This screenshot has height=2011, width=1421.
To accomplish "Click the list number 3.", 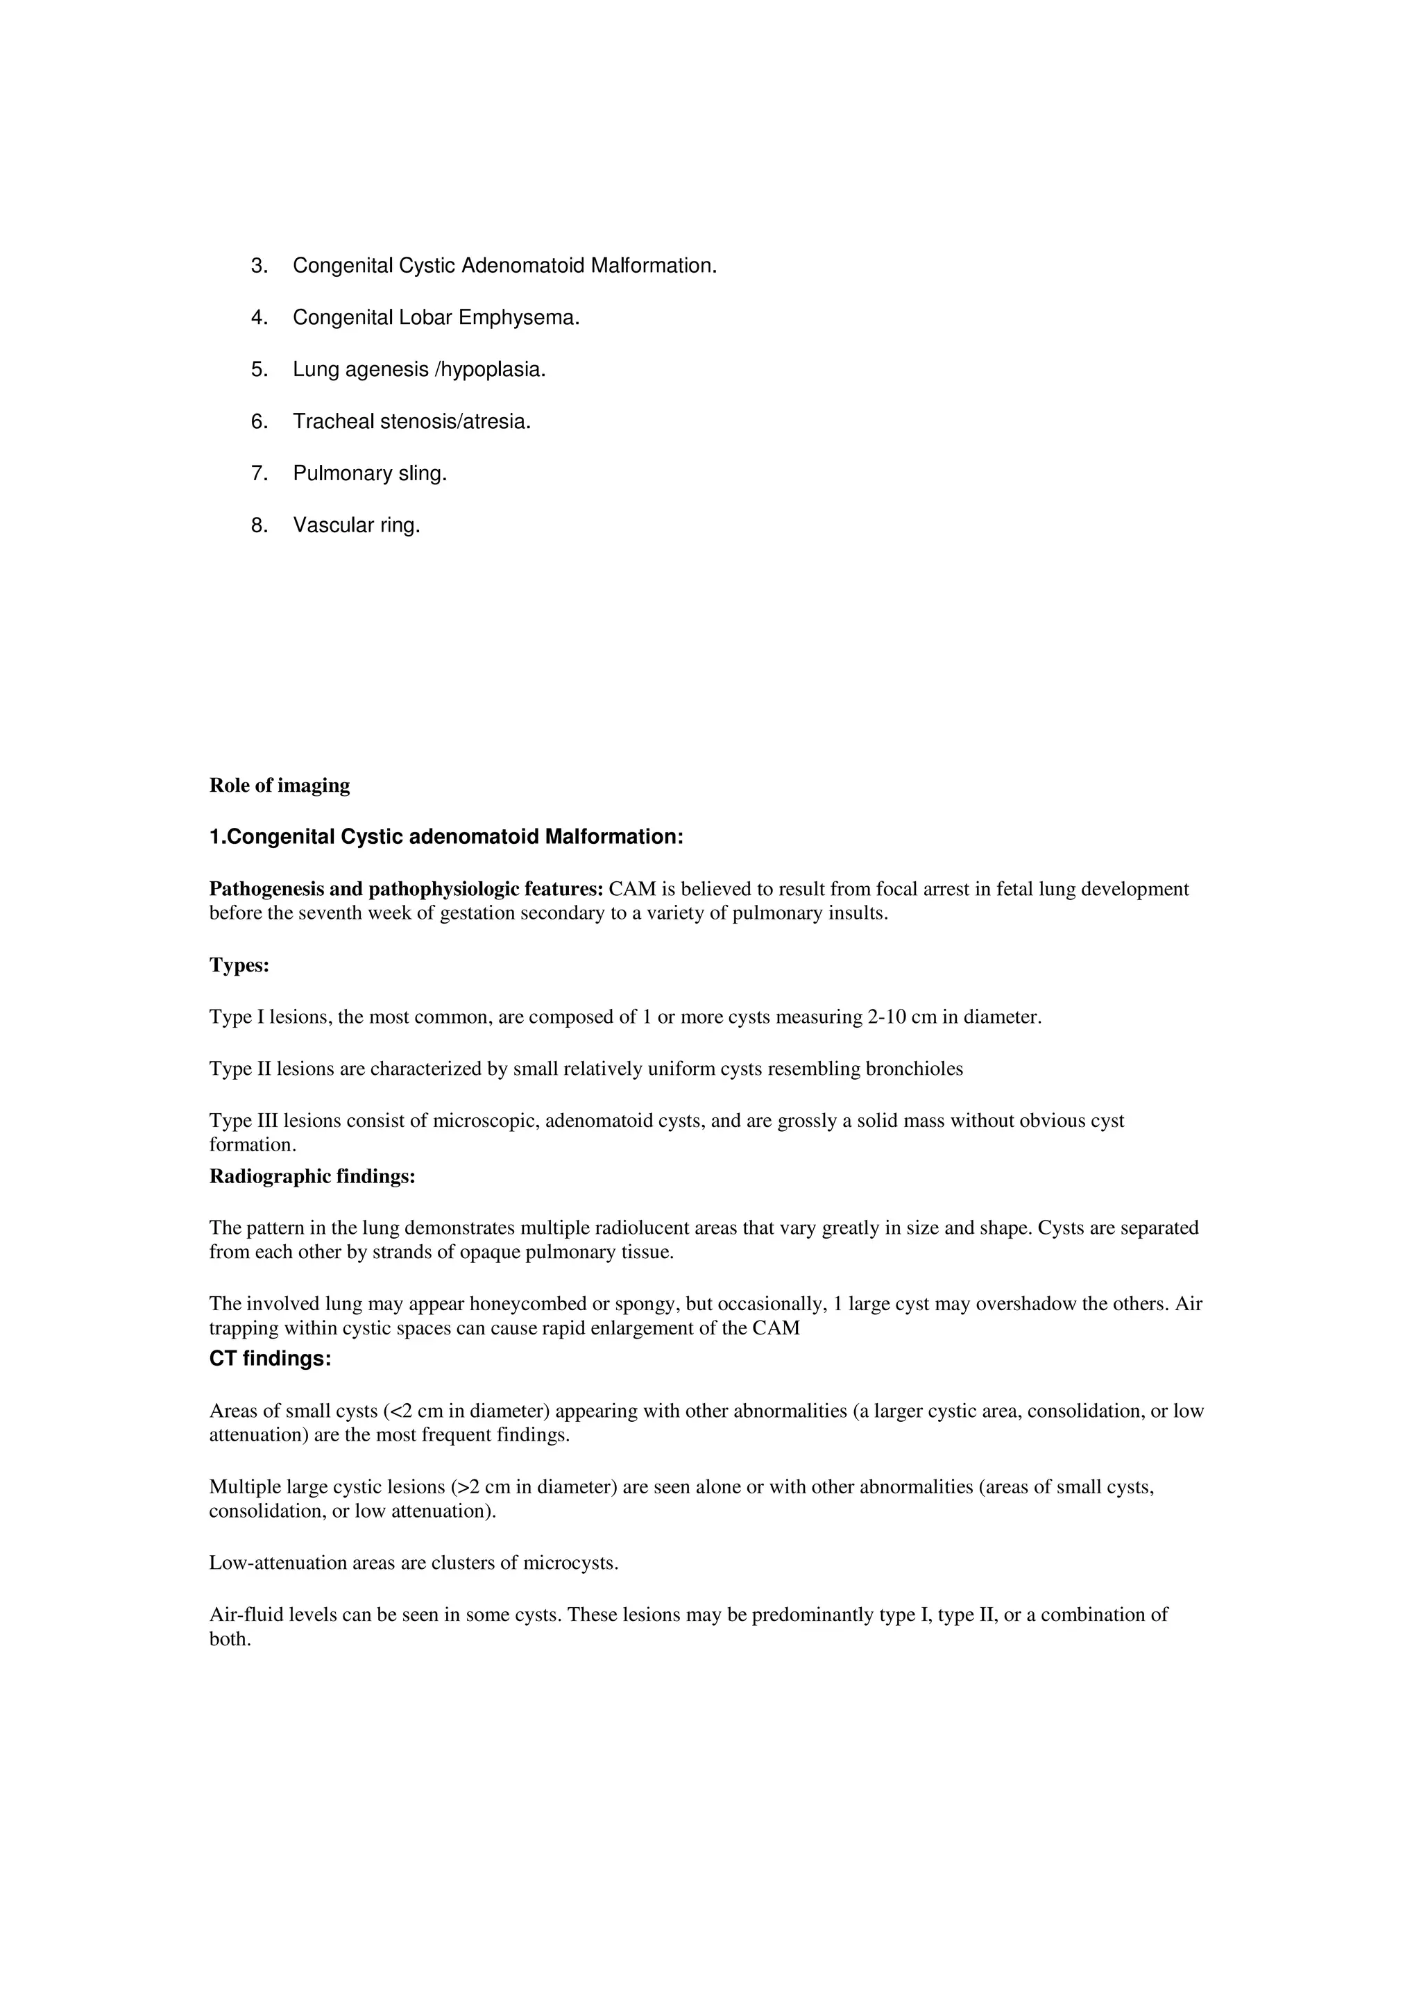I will [259, 265].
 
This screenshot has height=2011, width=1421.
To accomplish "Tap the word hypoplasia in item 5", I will [493, 370].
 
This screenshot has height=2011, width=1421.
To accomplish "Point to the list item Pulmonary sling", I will [370, 474].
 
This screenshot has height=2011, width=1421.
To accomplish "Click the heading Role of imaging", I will [280, 786].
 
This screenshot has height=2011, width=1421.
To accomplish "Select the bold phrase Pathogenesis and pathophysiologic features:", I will [407, 889].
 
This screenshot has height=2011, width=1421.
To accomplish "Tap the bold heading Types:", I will [239, 965].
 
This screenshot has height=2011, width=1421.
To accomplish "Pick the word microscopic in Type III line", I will [486, 1121].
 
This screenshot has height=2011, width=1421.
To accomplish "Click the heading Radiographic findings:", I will [312, 1176].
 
